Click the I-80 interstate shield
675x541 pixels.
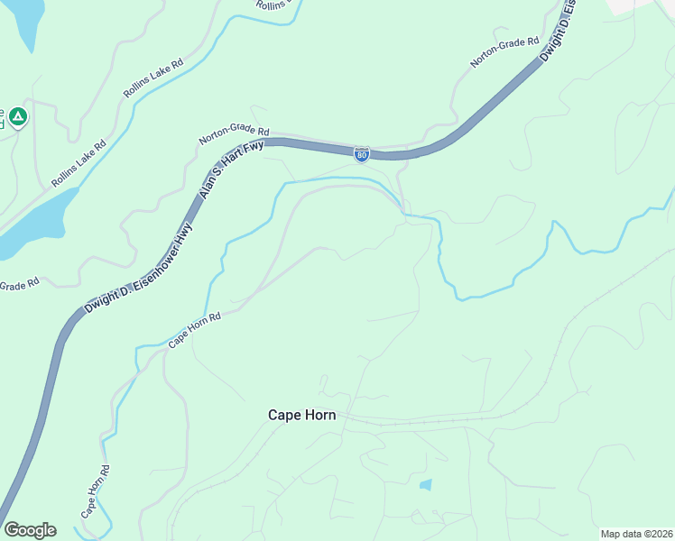[361, 155]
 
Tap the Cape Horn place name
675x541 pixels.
[302, 416]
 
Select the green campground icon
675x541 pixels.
[17, 116]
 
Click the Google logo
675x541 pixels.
[30, 530]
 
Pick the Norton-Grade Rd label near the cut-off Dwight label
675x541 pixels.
[504, 53]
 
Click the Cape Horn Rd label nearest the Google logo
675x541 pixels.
[95, 491]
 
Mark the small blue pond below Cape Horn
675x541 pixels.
[426, 484]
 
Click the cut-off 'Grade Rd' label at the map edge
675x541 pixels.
[19, 284]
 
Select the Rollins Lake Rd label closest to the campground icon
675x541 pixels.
[79, 162]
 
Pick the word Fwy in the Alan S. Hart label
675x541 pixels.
[254, 150]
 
